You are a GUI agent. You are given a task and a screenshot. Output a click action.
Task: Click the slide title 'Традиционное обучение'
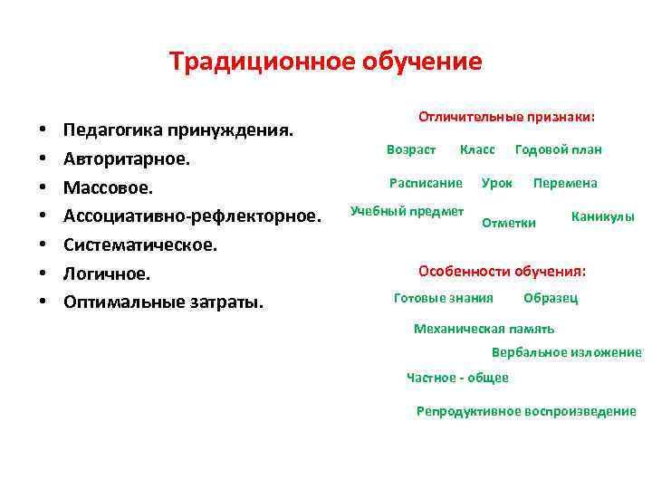[325, 62]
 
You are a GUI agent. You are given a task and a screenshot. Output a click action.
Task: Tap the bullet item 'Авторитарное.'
[127, 159]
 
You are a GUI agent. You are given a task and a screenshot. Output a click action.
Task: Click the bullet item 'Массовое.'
[109, 187]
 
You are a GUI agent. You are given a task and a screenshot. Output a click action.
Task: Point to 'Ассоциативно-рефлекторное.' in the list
[192, 216]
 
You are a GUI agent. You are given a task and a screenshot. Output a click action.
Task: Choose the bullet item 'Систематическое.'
[139, 244]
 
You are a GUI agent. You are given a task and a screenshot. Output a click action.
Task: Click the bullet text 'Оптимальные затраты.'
[163, 302]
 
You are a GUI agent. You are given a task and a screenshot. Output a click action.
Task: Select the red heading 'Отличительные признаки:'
[506, 118]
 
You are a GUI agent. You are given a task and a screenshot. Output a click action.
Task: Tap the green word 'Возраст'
[411, 149]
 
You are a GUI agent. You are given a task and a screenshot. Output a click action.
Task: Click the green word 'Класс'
[477, 149]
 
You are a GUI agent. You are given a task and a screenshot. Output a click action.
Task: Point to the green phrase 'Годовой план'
[558, 149]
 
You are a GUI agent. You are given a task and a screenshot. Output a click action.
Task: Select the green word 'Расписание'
[426, 183]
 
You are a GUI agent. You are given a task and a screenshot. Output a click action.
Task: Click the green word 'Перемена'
[565, 183]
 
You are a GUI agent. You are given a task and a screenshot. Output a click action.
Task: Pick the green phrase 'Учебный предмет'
[407, 211]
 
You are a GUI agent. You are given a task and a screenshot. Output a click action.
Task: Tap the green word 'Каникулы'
[602, 217]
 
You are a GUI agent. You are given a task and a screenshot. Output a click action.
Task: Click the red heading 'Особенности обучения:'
[502, 271]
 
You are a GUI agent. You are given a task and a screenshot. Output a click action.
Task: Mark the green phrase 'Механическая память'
[484, 329]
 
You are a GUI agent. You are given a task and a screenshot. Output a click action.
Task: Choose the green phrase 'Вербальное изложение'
[566, 352]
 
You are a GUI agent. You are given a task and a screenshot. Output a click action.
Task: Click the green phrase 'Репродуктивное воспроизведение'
[526, 411]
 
